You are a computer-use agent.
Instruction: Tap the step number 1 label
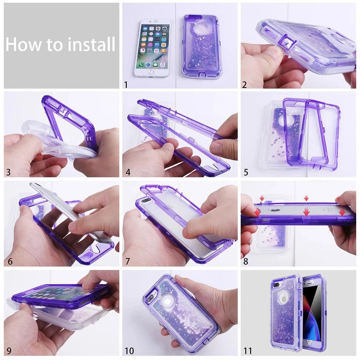click(x=126, y=85)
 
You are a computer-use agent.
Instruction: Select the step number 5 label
click(x=246, y=172)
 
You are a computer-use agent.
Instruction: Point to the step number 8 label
click(x=246, y=261)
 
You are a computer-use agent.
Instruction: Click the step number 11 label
click(x=247, y=350)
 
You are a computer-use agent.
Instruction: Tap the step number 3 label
click(x=8, y=172)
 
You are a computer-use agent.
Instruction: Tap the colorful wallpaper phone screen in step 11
click(x=313, y=313)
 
